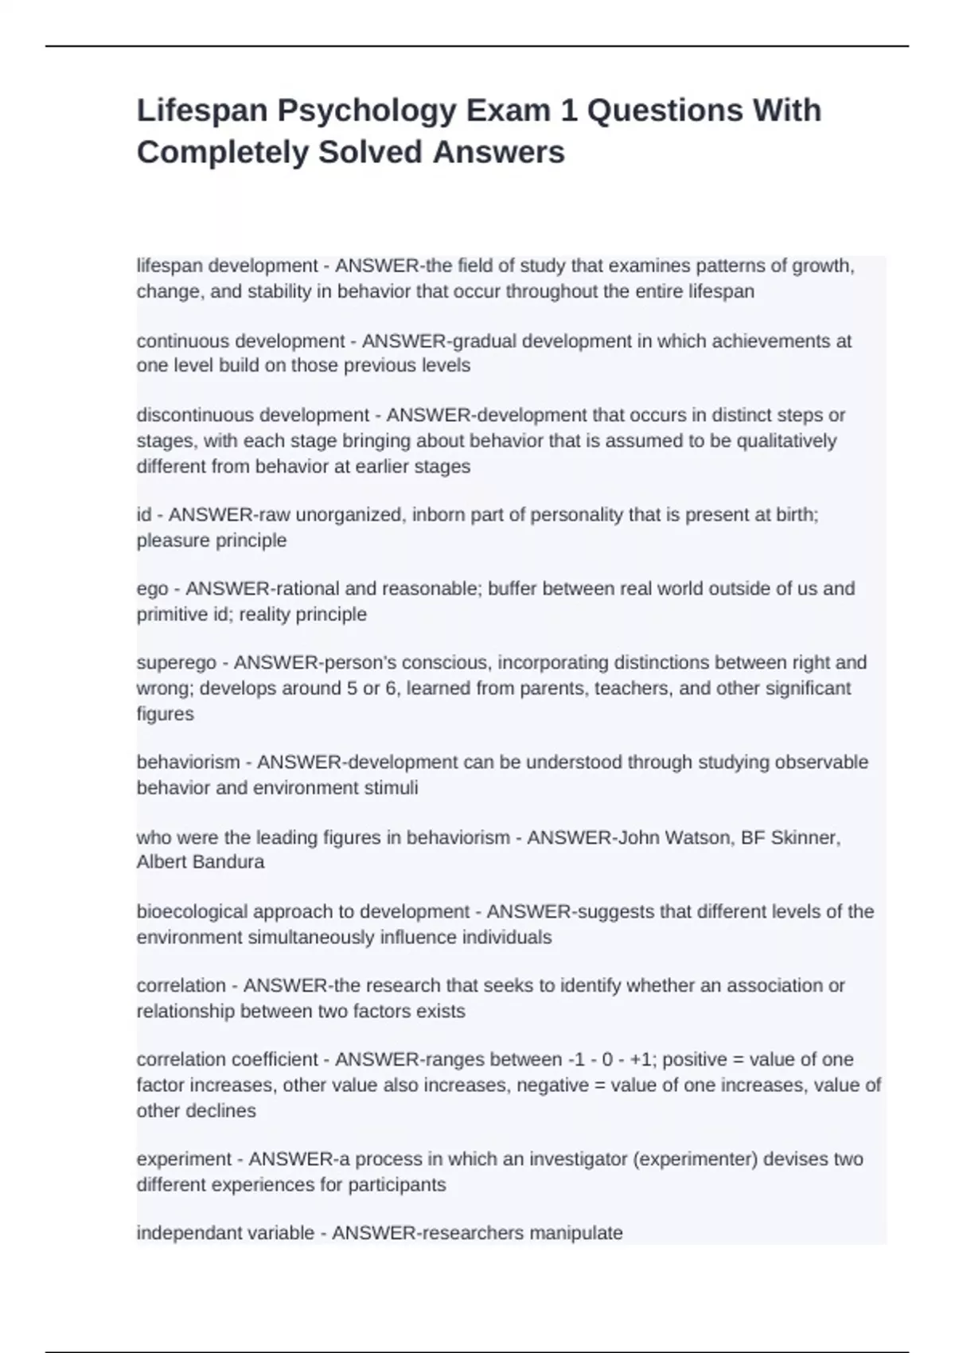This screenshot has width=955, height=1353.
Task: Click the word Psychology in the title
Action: tap(366, 111)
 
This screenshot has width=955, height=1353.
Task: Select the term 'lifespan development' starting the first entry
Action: tap(227, 266)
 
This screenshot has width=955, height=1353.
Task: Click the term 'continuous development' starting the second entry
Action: tap(240, 341)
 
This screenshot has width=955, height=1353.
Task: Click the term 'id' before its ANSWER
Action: tap(143, 515)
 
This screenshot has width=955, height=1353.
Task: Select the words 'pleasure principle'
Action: tap(211, 540)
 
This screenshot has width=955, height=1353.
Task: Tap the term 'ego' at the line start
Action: tap(152, 589)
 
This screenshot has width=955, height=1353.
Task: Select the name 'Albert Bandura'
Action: tap(200, 862)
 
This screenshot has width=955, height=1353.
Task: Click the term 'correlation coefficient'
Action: tap(227, 1060)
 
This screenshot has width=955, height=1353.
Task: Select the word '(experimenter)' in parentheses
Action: tap(695, 1160)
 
